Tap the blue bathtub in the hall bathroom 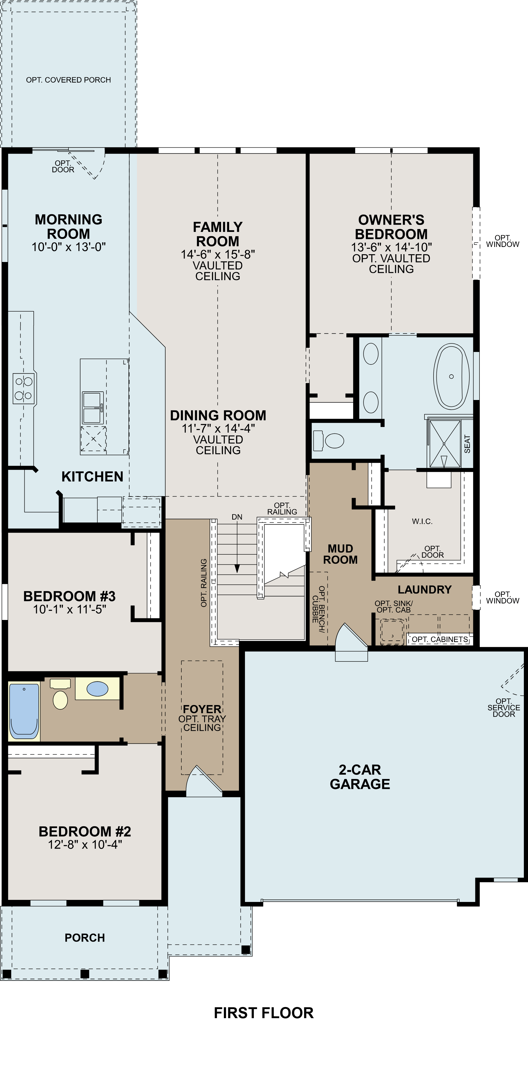tap(24, 711)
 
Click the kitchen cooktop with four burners tap(23, 388)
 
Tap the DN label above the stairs tap(237, 517)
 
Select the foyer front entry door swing tap(203, 782)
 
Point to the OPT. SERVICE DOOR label tap(504, 708)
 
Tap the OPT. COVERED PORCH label tap(68, 80)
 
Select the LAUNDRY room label tap(424, 590)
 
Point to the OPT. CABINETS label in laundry tap(440, 639)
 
